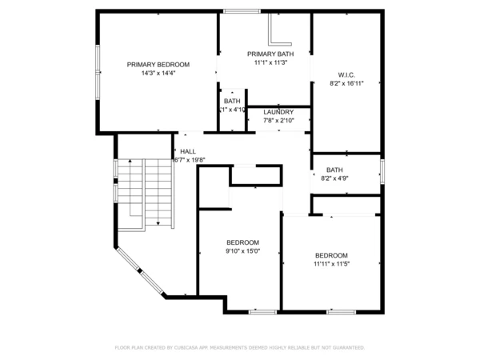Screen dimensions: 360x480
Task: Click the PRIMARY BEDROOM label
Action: (158, 64)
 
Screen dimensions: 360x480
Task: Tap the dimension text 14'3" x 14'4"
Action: (158, 73)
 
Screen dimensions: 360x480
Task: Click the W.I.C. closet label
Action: (346, 74)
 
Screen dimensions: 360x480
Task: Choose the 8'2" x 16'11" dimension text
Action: (346, 83)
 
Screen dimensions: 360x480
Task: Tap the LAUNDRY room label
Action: (278, 112)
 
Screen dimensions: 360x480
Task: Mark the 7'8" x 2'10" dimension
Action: (278, 121)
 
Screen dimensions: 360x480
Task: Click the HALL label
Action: (188, 151)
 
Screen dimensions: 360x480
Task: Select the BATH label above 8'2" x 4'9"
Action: (334, 170)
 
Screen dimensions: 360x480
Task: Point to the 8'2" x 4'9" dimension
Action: (334, 178)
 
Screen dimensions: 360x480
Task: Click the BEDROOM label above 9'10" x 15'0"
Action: (242, 242)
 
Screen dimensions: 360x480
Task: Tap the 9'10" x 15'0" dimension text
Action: (242, 251)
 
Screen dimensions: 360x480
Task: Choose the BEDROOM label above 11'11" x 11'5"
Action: (331, 254)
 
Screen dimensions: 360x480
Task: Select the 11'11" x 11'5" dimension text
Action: (331, 263)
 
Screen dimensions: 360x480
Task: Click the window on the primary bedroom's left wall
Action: (98, 73)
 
